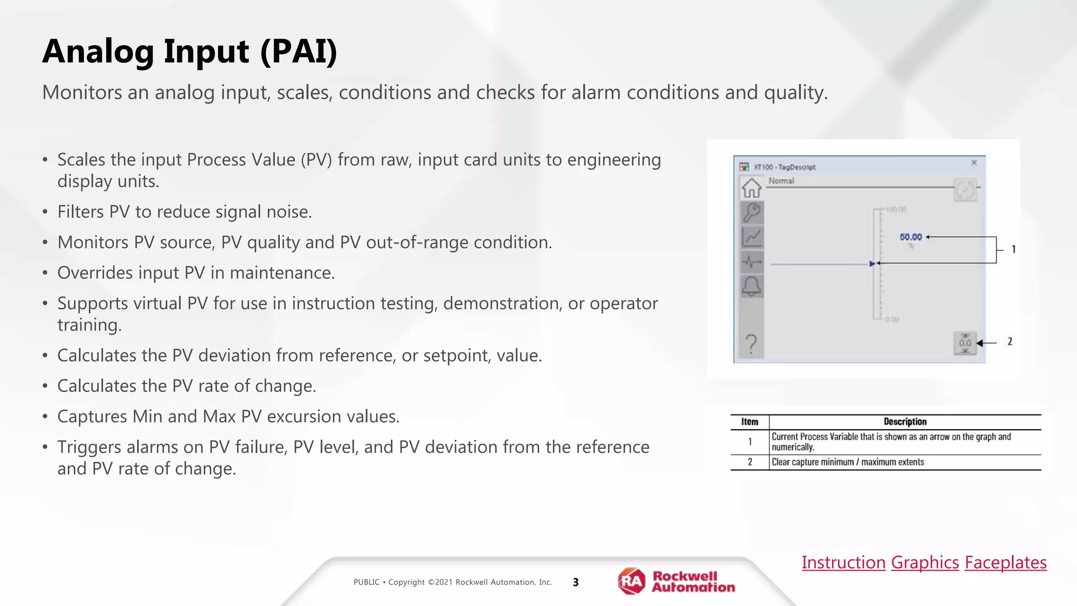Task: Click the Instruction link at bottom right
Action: [844, 562]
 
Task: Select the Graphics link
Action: [925, 562]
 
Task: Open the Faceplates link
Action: [1005, 562]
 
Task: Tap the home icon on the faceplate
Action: [751, 188]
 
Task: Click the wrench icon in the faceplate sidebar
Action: [751, 213]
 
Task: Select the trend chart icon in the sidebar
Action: [751, 237]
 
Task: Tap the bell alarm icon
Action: [751, 286]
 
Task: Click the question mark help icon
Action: [751, 345]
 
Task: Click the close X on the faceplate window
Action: [974, 163]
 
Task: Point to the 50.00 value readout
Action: [911, 237]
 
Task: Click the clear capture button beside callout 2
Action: [965, 343]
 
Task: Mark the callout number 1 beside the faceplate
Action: [1013, 249]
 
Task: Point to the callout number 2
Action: [1010, 341]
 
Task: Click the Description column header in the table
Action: [905, 422]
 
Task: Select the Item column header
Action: [750, 422]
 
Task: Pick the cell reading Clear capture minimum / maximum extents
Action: [848, 462]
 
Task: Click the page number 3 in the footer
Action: [576, 582]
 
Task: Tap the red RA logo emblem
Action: [632, 581]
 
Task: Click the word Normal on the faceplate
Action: [781, 181]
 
